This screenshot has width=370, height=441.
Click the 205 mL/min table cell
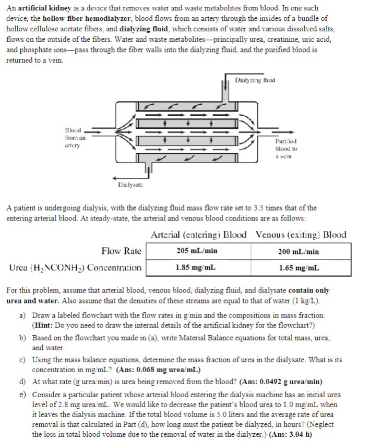[197, 251]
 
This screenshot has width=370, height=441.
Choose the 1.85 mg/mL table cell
[197, 268]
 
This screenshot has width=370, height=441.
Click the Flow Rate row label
[121, 251]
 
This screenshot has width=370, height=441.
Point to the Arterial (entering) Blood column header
[199, 235]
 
